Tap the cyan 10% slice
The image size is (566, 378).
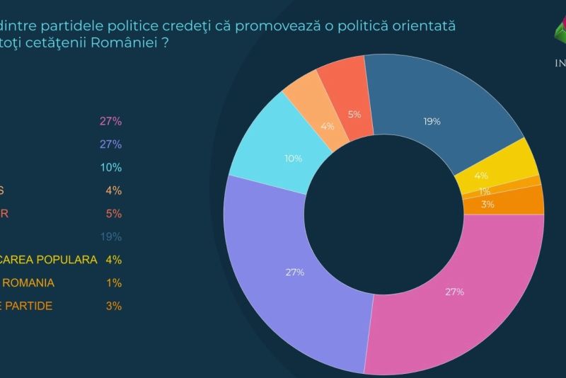click(272, 152)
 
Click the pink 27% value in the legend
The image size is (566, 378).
click(111, 121)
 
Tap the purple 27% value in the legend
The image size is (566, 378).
click(111, 144)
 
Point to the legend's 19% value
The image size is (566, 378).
click(111, 236)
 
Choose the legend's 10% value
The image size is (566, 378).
click(111, 168)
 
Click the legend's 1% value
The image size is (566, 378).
click(113, 282)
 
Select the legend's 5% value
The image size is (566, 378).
click(113, 214)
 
